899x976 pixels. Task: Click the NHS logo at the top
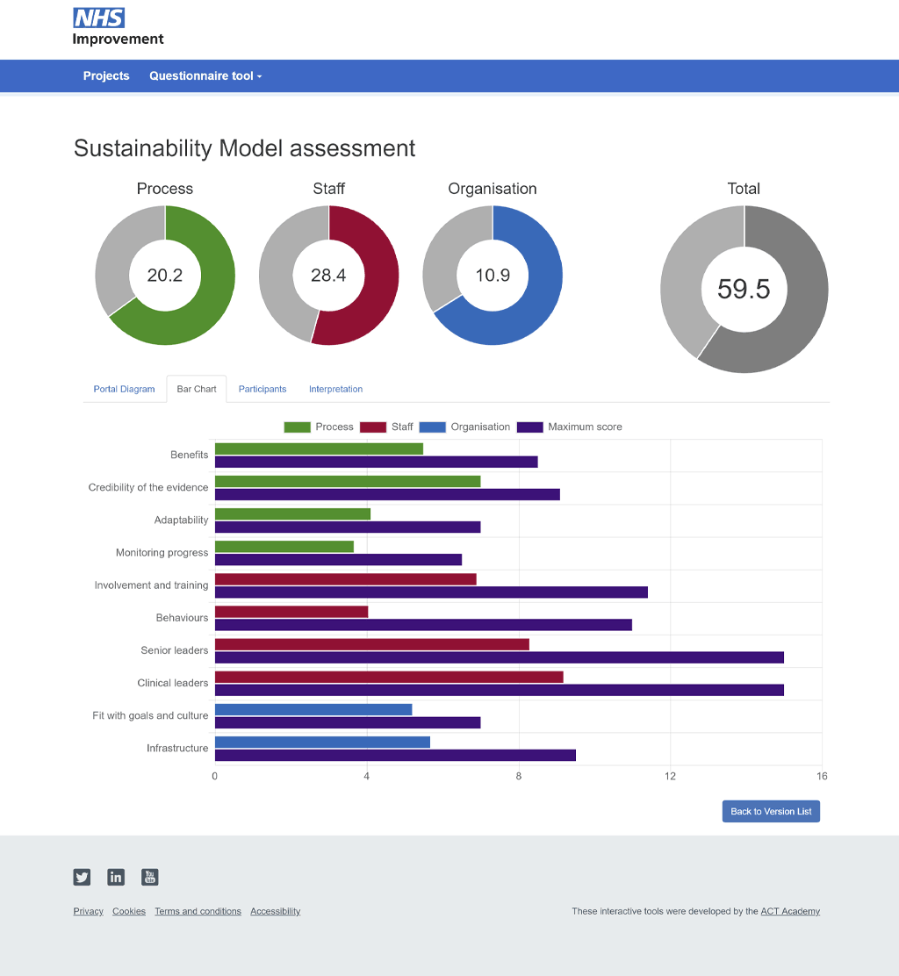tap(98, 18)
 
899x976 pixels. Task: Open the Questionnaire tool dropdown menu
tap(205, 76)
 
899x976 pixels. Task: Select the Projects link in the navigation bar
tap(106, 76)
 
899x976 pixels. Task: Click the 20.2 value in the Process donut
tap(165, 276)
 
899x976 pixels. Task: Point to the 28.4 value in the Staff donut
tap(328, 276)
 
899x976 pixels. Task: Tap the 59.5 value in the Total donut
tap(744, 289)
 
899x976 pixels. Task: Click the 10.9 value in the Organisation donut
tap(493, 276)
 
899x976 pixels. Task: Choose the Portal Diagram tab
tap(125, 389)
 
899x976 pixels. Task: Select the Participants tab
tap(263, 389)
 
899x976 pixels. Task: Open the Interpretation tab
tap(335, 389)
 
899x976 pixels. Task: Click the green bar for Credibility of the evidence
tap(348, 481)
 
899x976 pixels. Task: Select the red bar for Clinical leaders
tap(389, 677)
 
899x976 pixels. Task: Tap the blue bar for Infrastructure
tap(322, 742)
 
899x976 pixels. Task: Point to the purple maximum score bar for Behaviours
tap(423, 625)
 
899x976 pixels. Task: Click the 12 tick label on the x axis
tap(670, 776)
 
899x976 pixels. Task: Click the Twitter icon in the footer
tap(82, 877)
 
